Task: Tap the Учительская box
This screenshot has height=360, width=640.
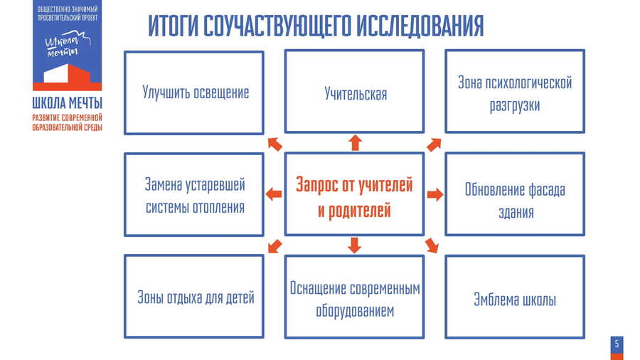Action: click(x=355, y=92)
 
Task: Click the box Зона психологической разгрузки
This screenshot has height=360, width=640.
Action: click(x=515, y=92)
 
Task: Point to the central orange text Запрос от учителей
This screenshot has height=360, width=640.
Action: click(x=354, y=186)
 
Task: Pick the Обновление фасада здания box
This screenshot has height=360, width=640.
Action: click(x=515, y=194)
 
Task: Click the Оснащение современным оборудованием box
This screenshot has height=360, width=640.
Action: click(x=355, y=298)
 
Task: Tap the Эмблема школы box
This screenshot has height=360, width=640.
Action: click(x=515, y=299)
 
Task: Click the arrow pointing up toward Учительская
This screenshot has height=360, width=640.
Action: click(x=355, y=142)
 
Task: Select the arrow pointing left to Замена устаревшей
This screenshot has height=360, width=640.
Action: click(x=274, y=194)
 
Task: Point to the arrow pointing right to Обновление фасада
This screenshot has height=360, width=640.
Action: click(x=435, y=194)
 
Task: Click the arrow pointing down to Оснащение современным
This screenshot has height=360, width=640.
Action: click(x=355, y=245)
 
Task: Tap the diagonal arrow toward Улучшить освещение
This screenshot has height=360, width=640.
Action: click(x=274, y=144)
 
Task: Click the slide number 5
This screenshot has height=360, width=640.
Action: click(x=617, y=344)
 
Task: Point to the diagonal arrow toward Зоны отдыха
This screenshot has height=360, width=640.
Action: click(x=273, y=246)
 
